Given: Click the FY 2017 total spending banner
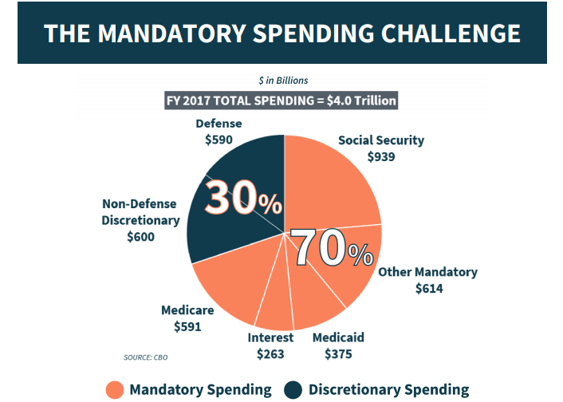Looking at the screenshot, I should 281,101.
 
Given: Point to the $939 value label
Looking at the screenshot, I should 381,157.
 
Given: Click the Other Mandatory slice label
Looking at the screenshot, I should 427,272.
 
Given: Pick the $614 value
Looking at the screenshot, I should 429,288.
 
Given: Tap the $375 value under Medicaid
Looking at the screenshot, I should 338,354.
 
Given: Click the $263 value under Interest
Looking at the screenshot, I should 270,354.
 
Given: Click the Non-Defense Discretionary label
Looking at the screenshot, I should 140,212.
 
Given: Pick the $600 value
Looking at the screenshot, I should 141,237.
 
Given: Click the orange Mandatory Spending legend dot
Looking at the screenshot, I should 114,390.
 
